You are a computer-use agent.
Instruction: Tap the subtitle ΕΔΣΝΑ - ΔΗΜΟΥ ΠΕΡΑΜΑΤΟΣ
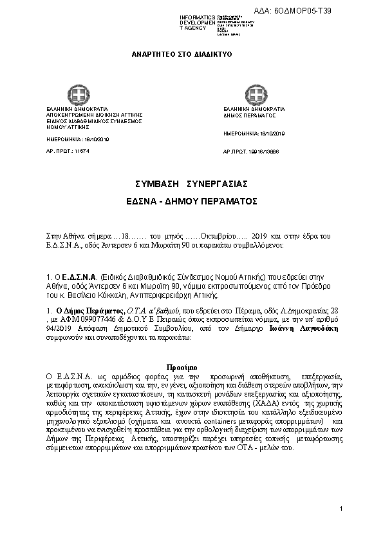(x=191, y=201)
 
